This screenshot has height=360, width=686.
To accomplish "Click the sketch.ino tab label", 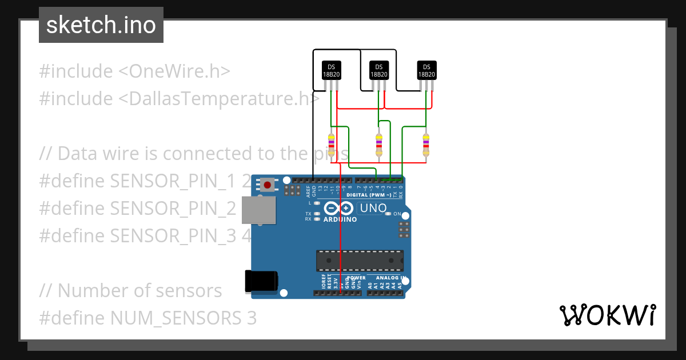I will pos(101,25).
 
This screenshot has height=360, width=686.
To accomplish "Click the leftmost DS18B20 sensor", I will pos(330,70).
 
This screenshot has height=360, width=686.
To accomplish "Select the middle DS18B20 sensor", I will pos(378,70).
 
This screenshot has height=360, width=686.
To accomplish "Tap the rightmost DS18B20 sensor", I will pos(426,70).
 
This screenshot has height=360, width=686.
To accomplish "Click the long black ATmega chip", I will pos(360,260).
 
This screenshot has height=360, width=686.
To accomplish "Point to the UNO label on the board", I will pos(373,209).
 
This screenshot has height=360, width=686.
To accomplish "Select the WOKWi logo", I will pos(607,315).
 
